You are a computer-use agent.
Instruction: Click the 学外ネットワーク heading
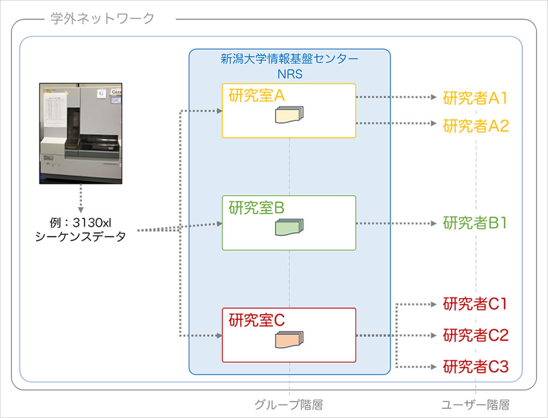tap(102, 18)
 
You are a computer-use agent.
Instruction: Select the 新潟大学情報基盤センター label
tap(289, 59)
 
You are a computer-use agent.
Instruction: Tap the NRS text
tap(290, 74)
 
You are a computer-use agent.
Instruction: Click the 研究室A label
tap(256, 95)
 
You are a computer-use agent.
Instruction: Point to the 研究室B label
tap(256, 208)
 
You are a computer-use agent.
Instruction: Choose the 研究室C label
tap(256, 320)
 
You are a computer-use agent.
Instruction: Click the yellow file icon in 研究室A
tap(289, 115)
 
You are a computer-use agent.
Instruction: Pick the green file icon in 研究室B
tap(289, 227)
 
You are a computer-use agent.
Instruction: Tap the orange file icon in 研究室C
tap(289, 340)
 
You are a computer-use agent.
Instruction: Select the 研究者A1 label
tap(475, 98)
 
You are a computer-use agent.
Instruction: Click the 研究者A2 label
tap(476, 126)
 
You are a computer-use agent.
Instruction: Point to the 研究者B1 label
tap(475, 223)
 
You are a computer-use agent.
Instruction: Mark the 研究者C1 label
tap(475, 304)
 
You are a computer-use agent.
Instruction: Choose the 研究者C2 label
tap(476, 335)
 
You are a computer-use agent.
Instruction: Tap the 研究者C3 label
tap(476, 367)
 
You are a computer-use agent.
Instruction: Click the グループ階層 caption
tap(289, 405)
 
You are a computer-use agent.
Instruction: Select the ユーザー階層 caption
tap(475, 405)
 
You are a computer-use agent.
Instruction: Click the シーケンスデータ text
tap(81, 237)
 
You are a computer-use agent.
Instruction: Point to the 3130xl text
tap(92, 222)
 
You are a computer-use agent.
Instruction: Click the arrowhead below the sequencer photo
tap(81, 210)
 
